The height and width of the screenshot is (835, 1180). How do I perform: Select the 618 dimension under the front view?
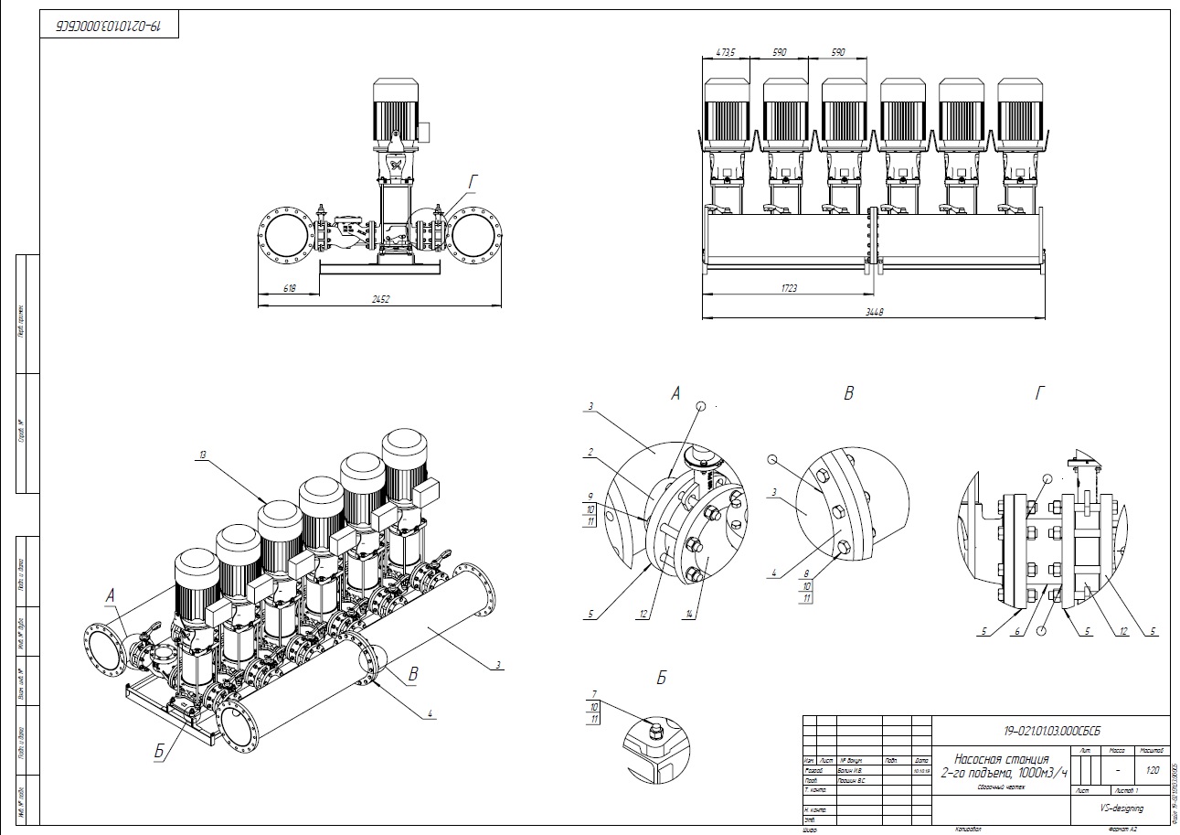point(290,288)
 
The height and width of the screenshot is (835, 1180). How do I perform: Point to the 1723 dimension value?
point(789,288)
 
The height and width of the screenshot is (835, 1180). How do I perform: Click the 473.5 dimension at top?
point(726,53)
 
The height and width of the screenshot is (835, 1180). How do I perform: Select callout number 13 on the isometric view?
point(201,454)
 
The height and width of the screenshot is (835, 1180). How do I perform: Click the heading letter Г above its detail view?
point(1039,394)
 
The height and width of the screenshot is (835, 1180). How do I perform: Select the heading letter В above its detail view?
point(849,394)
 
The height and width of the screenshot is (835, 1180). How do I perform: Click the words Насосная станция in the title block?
point(1001,759)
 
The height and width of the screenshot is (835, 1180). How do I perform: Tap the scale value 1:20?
point(1152,769)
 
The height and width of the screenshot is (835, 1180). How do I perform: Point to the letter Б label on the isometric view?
point(159,752)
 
